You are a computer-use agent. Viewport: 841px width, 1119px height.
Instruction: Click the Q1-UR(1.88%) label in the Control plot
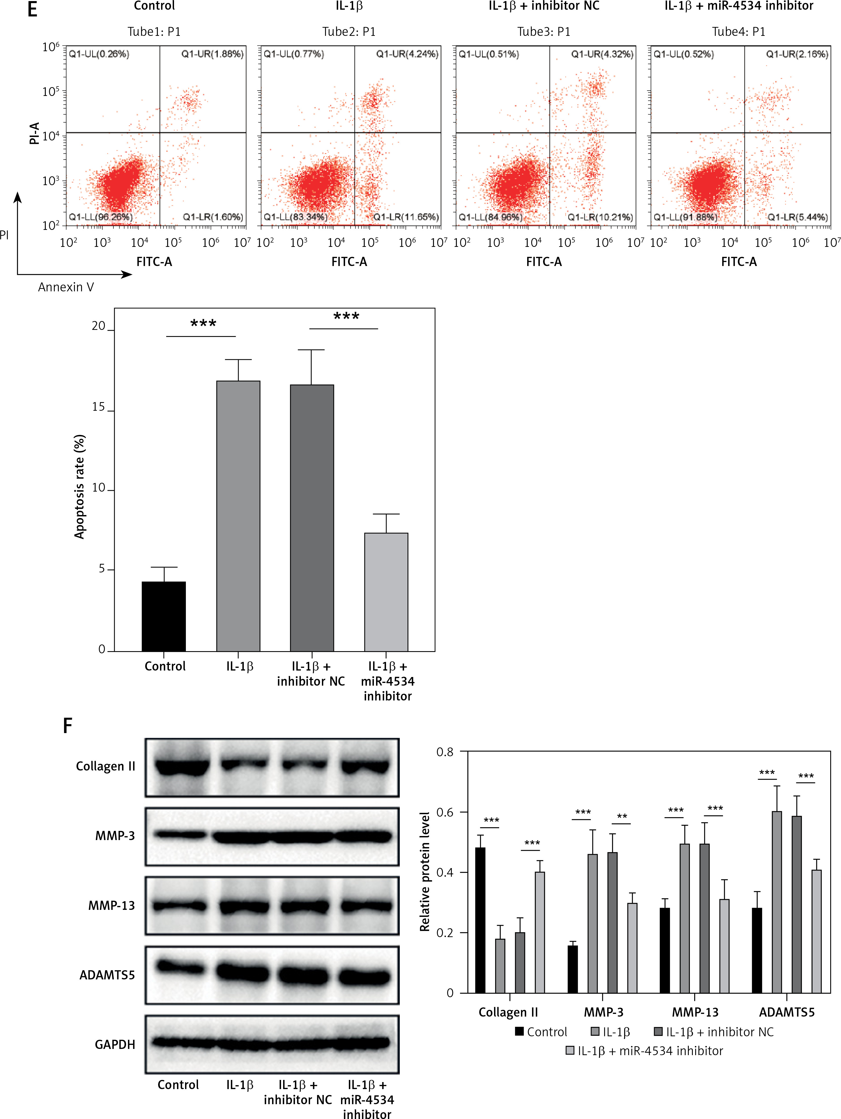(x=212, y=54)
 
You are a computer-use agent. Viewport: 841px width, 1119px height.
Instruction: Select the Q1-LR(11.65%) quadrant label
(x=406, y=217)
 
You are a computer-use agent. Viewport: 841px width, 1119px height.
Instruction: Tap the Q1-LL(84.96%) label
(x=490, y=217)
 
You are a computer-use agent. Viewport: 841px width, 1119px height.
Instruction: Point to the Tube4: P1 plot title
(x=738, y=32)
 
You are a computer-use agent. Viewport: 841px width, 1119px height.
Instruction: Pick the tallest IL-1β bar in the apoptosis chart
(x=238, y=516)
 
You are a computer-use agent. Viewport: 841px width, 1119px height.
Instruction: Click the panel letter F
(x=67, y=726)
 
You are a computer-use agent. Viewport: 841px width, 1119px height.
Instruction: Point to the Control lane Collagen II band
(x=182, y=766)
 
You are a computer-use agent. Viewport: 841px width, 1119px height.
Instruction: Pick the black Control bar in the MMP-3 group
(x=572, y=969)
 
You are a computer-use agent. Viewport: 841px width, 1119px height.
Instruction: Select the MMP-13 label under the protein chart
(x=695, y=1012)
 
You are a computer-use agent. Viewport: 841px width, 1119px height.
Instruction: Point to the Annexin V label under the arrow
(x=66, y=287)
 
